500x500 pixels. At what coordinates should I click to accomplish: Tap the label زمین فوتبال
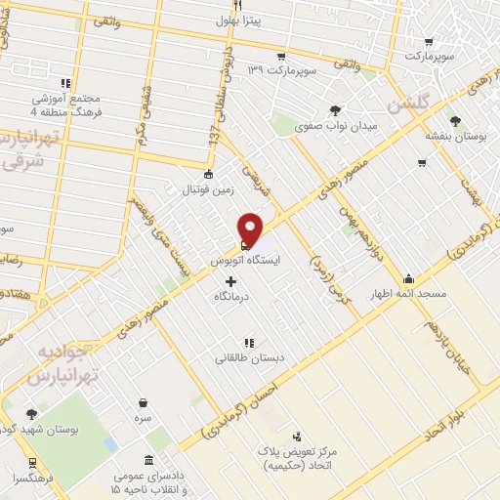(204, 191)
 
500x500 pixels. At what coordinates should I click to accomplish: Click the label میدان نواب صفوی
(335, 127)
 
